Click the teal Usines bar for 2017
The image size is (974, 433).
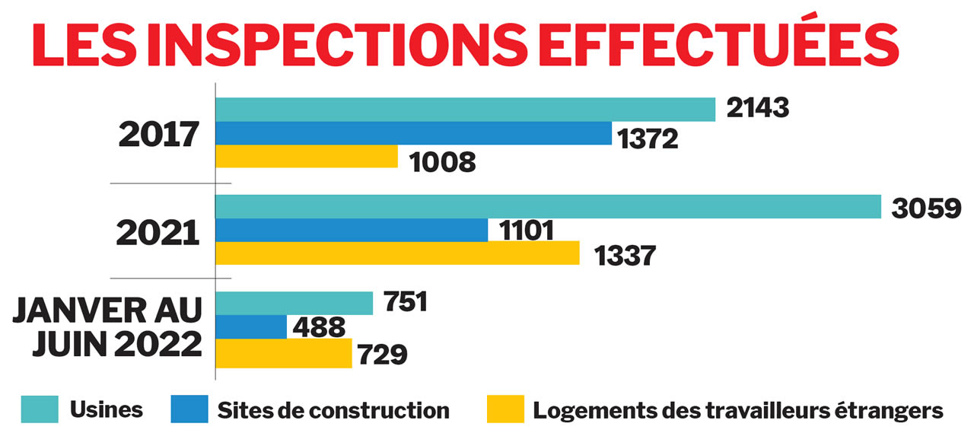point(466,110)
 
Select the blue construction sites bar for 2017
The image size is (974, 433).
point(413,133)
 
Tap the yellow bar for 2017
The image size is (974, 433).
point(307,156)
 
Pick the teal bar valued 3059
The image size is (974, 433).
point(548,207)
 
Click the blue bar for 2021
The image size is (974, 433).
point(352,230)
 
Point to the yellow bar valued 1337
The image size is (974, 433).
point(397,253)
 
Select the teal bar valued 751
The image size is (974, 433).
point(294,303)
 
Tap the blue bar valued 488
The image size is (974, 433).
point(251,327)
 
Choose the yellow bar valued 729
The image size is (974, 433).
point(284,353)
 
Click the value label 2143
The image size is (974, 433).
point(758,109)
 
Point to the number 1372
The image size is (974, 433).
point(648,138)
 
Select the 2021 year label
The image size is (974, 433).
point(158,234)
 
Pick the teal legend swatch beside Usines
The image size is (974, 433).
point(40,410)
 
